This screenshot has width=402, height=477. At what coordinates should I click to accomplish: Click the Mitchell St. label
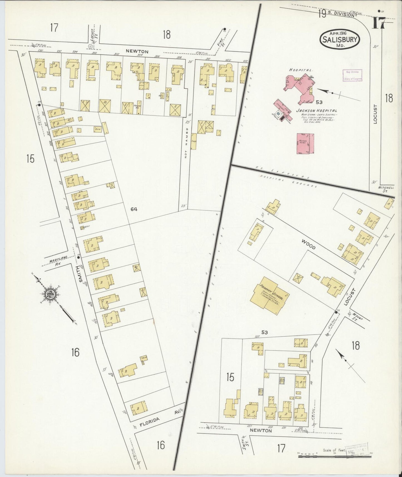tap(386, 189)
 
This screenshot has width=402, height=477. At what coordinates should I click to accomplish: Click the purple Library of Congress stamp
tap(352, 75)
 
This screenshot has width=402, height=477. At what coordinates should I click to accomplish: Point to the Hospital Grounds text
tap(289, 181)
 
